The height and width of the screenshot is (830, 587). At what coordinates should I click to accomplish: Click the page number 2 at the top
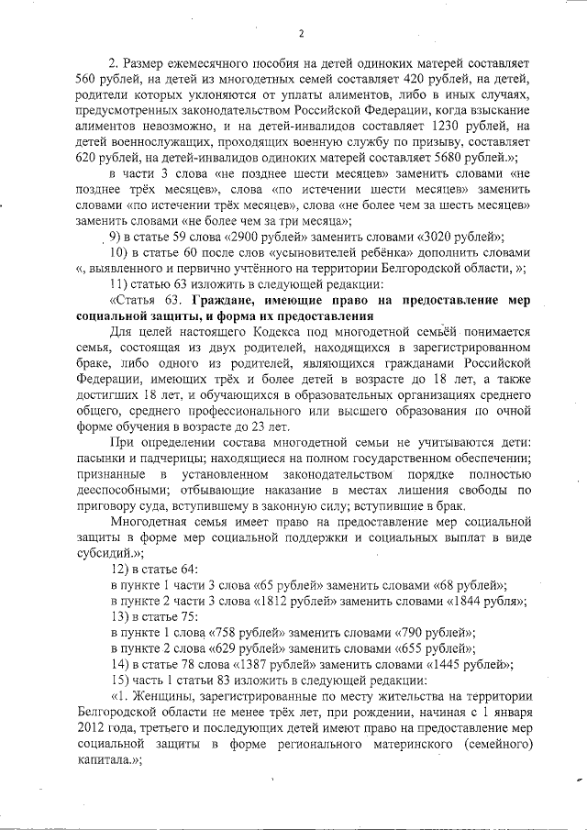(300, 35)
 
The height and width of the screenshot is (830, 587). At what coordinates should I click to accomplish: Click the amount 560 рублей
(92, 81)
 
